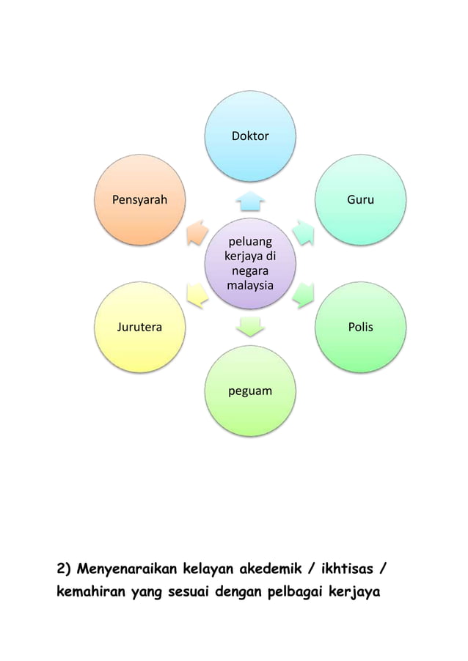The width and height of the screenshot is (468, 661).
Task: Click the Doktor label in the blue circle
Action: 249,136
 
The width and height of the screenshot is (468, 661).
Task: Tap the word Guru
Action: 359,199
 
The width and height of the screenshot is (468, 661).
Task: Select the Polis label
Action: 360,327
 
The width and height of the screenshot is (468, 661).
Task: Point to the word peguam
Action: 249,391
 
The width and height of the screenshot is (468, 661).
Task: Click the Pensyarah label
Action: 139,199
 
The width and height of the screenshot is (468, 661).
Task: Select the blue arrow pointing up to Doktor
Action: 250,199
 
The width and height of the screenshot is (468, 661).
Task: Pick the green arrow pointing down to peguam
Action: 250,325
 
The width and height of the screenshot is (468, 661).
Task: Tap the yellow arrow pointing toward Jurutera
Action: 197,295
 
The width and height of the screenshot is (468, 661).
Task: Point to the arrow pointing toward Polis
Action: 303,295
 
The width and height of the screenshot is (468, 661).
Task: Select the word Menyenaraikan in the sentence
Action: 129,568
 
